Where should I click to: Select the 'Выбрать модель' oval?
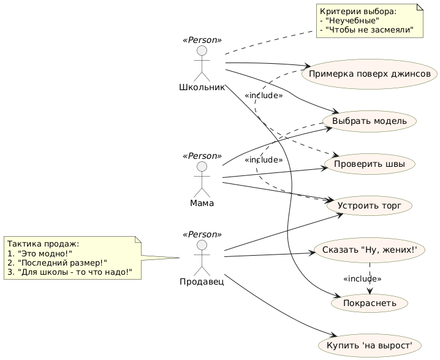click(x=369, y=121)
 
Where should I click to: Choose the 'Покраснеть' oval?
click(x=369, y=302)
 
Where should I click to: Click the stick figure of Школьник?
click(x=202, y=63)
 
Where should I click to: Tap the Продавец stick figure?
click(x=202, y=257)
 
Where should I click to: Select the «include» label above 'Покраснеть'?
click(x=362, y=279)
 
